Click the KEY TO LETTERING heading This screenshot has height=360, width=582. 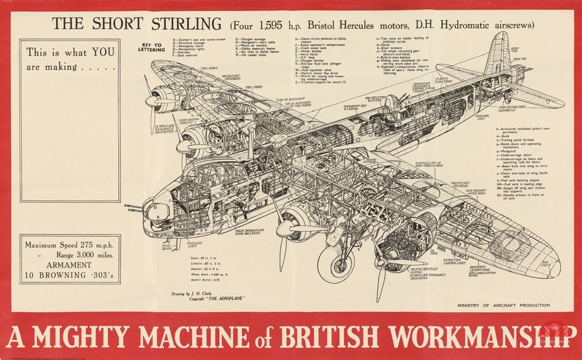(x=150, y=47)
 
